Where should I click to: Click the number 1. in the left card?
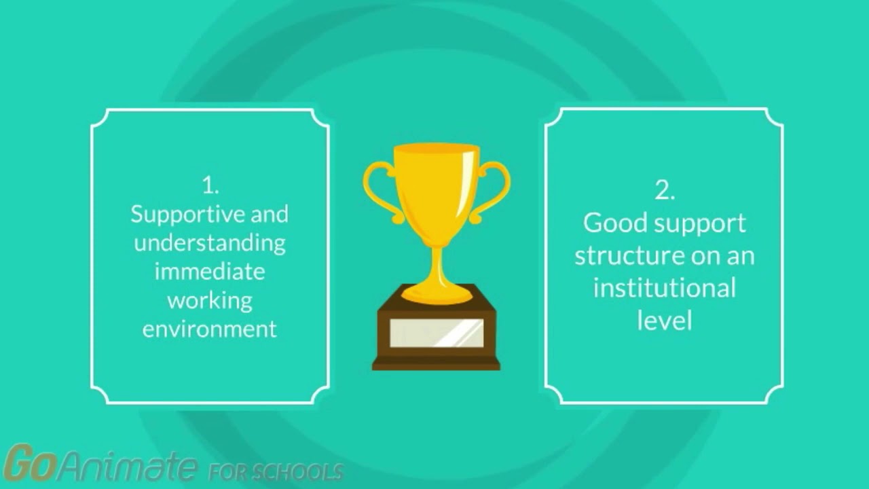click(210, 185)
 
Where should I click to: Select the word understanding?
click(210, 244)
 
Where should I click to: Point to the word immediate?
click(210, 271)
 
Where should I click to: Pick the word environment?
click(210, 329)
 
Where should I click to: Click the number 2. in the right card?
click(665, 190)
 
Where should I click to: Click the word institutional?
click(665, 288)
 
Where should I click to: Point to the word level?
click(665, 321)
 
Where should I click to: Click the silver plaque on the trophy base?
click(437, 333)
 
